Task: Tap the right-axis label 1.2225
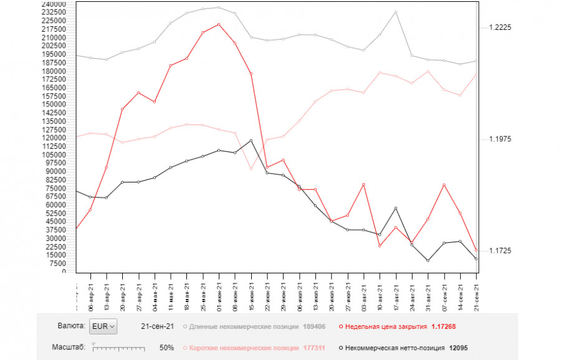(x=500, y=27)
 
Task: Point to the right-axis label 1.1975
(x=500, y=139)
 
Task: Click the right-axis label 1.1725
(x=500, y=250)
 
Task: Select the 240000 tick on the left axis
(x=61, y=4)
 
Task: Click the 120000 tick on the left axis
(x=61, y=138)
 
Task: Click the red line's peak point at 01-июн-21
(x=218, y=24)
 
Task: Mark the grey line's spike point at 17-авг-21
(x=396, y=12)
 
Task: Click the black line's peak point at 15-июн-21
(x=251, y=140)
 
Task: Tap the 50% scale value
(x=166, y=348)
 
